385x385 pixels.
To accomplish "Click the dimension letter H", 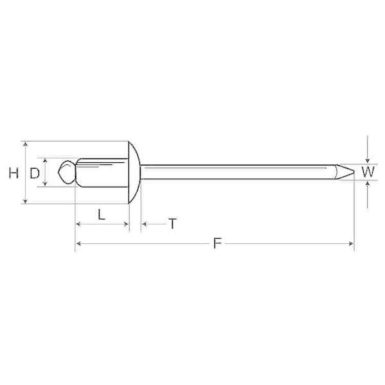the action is coord(13,173).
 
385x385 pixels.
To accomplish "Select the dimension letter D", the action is coord(35,173).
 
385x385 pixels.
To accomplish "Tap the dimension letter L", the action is coord(101,214).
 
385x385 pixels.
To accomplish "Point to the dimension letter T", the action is coord(173,223).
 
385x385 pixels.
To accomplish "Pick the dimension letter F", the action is coord(218,243).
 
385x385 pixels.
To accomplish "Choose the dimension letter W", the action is coord(368,172).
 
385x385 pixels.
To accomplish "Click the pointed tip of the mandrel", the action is coord(354,171).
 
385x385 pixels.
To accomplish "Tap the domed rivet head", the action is coord(134,173).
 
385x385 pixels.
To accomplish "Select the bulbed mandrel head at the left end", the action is coord(67,173).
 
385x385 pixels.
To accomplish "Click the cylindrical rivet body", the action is coord(102,173).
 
